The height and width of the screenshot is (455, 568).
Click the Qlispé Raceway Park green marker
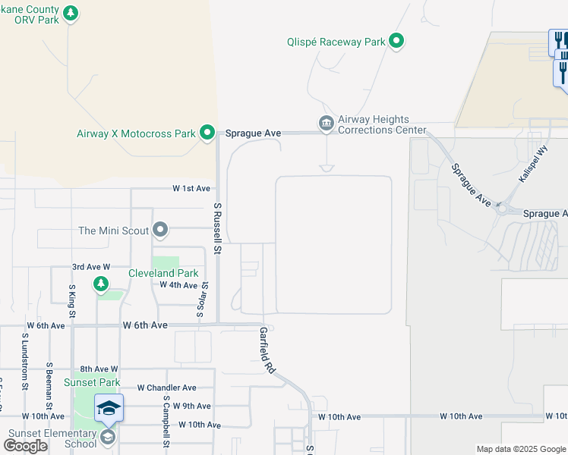click(x=396, y=42)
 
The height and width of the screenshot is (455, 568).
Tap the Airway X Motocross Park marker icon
click(x=207, y=133)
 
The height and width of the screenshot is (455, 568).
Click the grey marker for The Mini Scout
click(x=159, y=229)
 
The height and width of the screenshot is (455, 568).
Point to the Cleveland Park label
click(x=163, y=273)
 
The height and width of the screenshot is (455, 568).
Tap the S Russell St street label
click(x=217, y=228)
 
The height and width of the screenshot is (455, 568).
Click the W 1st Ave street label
click(x=191, y=188)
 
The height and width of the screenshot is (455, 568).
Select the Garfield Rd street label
click(x=267, y=350)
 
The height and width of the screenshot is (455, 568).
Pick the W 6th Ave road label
click(x=144, y=325)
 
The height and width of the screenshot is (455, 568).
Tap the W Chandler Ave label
click(x=166, y=388)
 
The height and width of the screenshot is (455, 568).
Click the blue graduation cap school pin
click(x=109, y=409)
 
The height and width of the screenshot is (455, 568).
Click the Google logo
click(x=25, y=446)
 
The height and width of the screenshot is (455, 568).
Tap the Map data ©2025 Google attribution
click(x=521, y=449)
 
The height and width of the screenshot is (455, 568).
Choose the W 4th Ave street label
click(x=178, y=284)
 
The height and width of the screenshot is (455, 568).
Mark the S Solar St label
click(x=205, y=293)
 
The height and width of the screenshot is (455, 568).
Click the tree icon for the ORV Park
click(x=71, y=14)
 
